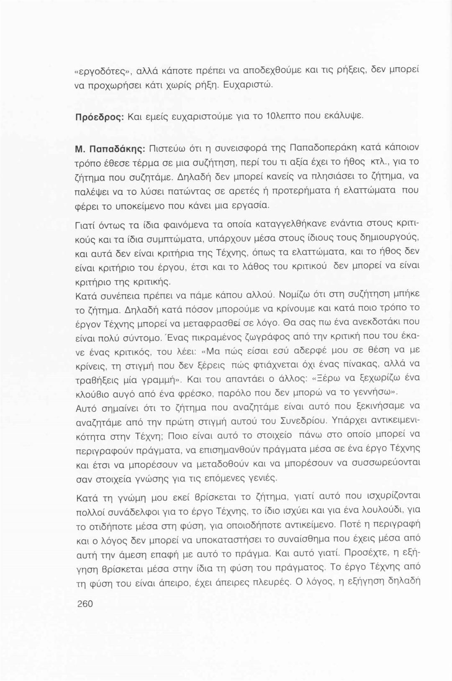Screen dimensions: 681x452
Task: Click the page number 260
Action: (x=85, y=604)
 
